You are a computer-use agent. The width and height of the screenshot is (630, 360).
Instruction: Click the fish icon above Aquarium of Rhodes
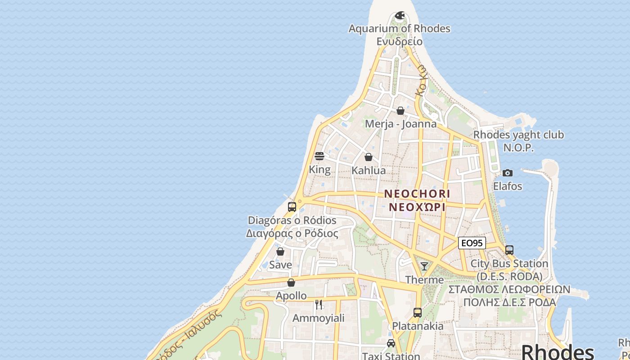tap(400, 16)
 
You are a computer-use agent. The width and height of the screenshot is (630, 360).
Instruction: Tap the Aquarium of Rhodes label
tap(400, 28)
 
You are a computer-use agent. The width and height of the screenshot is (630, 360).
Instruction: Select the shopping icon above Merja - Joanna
tap(400, 111)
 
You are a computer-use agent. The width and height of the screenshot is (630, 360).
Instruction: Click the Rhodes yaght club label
tap(518, 135)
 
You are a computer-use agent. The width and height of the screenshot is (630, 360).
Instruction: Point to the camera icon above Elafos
tap(508, 173)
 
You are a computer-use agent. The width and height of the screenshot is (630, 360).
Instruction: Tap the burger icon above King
tap(319, 156)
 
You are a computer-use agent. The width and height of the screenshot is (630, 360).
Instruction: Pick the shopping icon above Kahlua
tap(369, 157)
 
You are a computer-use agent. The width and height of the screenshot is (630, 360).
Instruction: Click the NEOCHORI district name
tap(417, 193)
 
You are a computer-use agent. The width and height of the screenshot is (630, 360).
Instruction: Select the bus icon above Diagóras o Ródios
tap(292, 207)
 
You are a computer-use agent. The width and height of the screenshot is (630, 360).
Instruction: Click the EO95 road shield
tap(472, 243)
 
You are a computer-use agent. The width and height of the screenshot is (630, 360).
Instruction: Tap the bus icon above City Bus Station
tap(509, 250)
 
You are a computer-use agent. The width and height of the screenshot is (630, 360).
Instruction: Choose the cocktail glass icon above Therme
tap(424, 266)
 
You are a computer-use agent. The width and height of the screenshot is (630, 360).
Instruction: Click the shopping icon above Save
tap(280, 252)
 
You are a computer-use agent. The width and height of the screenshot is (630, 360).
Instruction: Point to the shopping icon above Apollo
tap(291, 283)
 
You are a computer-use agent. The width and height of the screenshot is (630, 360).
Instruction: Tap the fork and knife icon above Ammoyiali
tap(319, 305)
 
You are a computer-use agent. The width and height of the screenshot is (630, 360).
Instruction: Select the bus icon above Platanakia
tap(418, 313)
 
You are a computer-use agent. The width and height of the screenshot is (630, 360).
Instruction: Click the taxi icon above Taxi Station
tap(391, 343)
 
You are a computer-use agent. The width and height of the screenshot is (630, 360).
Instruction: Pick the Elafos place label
tap(508, 186)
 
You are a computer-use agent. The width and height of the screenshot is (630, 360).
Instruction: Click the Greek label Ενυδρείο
tap(400, 41)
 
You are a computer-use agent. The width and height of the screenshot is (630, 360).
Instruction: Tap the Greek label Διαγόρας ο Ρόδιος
tap(292, 234)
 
